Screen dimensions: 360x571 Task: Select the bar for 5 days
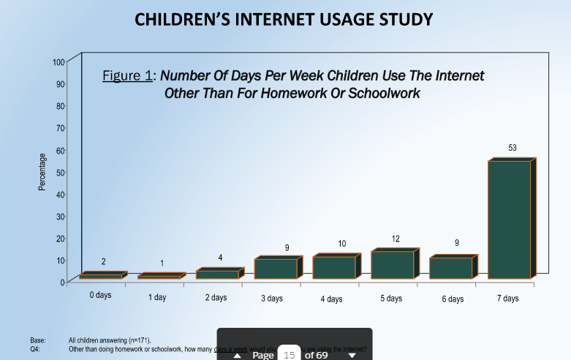393,264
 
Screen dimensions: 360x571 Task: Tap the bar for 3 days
276,268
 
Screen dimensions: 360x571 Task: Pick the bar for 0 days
101,276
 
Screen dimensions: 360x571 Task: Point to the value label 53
513,148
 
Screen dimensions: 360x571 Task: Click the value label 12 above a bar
396,239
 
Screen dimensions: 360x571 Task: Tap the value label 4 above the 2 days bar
220,257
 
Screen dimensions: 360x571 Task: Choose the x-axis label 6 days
453,299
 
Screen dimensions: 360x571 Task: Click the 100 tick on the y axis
58,61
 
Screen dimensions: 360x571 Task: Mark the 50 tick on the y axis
60,172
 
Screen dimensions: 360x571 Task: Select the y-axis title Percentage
42,172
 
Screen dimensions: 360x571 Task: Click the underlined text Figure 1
129,76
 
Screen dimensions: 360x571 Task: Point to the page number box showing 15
289,354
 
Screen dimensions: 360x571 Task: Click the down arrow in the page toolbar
352,356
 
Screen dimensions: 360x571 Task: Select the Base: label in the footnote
38,340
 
